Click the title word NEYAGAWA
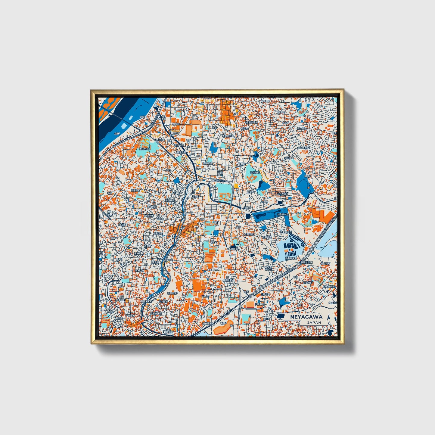pyautogui.click(x=306, y=317)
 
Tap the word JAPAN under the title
pyautogui.click(x=314, y=322)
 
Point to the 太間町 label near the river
pyautogui.click(x=144, y=117)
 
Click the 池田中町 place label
pyautogui.click(x=144, y=149)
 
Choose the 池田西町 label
pyautogui.click(x=135, y=191)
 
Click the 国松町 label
pyautogui.click(x=250, y=191)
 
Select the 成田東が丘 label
pyautogui.click(x=303, y=148)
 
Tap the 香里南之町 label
pyautogui.click(x=228, y=136)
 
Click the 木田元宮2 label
pyautogui.click(x=172, y=293)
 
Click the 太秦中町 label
pyautogui.click(x=267, y=237)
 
